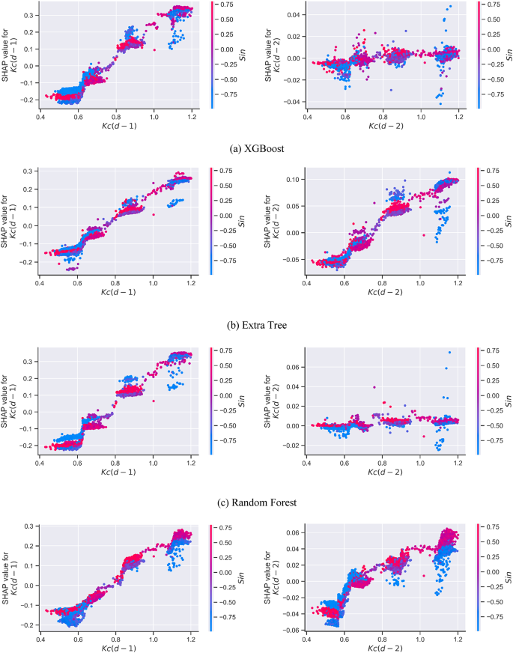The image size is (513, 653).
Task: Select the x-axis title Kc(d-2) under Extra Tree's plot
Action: click(383, 292)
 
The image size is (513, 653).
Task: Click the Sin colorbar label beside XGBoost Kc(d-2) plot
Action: click(507, 56)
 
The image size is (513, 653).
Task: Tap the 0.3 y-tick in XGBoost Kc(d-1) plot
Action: click(27, 14)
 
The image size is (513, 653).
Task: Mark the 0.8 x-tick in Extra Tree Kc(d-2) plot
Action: click(383, 282)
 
